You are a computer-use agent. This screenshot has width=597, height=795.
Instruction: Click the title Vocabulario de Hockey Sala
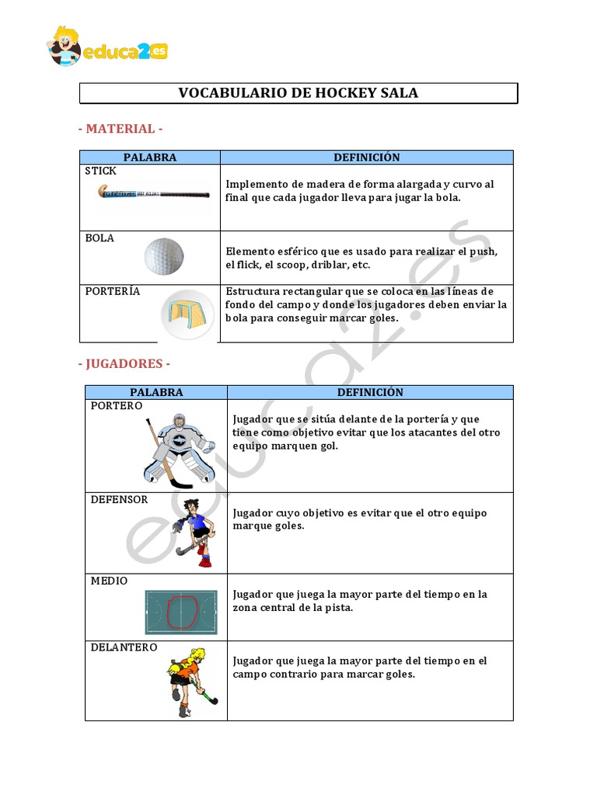coord(298,93)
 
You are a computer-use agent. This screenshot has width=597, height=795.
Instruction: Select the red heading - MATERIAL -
coord(120,128)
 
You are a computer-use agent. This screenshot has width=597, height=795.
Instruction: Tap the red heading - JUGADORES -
coord(124,363)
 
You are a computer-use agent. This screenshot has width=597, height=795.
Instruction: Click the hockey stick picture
coord(153,193)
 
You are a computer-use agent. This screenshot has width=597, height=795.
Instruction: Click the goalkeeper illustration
coord(179,448)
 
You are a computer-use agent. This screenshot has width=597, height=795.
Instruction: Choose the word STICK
coord(101,171)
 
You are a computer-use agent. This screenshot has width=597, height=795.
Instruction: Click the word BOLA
coord(99,238)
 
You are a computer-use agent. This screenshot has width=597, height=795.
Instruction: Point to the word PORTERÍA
coord(113,291)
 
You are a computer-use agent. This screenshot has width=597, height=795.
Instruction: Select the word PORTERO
coord(116,406)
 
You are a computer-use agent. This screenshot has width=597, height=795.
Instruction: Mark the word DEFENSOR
coord(119,499)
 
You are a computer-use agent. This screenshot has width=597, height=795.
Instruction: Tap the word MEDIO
coord(109,581)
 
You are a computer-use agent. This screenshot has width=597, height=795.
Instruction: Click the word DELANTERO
coord(124,647)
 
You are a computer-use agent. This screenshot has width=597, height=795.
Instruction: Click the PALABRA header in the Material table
coord(150,157)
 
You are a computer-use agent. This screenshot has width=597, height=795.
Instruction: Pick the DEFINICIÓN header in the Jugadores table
coord(370,392)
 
